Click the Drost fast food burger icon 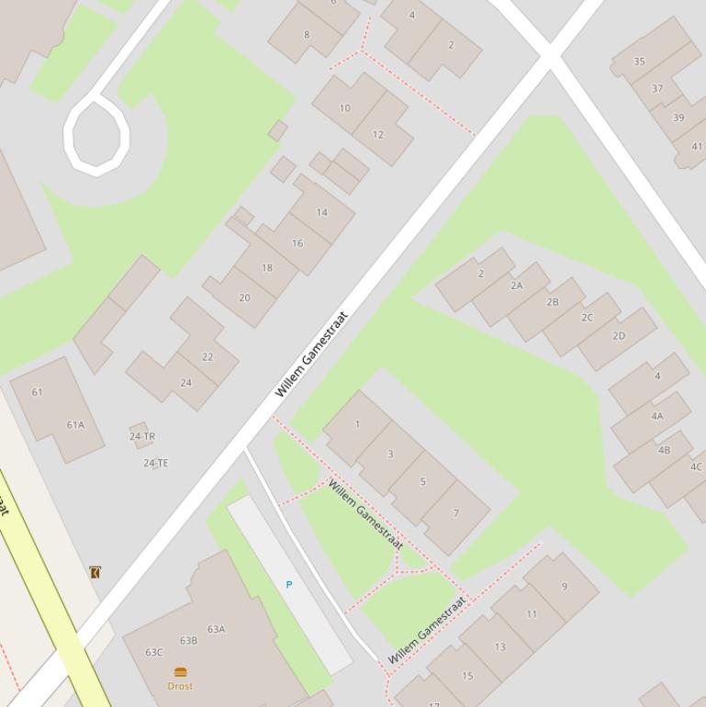pyautogui.click(x=180, y=672)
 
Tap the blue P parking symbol pyautogui.click(x=289, y=585)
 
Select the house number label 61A pyautogui.click(x=75, y=425)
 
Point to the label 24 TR pyautogui.click(x=142, y=437)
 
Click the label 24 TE pyautogui.click(x=156, y=464)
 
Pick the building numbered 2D pyautogui.click(x=619, y=336)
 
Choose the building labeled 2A pyautogui.click(x=517, y=286)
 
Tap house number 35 pyautogui.click(x=639, y=62)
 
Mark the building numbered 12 pyautogui.click(x=378, y=135)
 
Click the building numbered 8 pyautogui.click(x=307, y=35)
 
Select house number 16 pyautogui.click(x=297, y=243)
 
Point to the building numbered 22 pyautogui.click(x=207, y=357)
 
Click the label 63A pyautogui.click(x=216, y=630)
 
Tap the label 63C pyautogui.click(x=154, y=653)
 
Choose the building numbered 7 pyautogui.click(x=455, y=513)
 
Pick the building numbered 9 pyautogui.click(x=564, y=586)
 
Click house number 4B pyautogui.click(x=664, y=450)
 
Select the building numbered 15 pyautogui.click(x=467, y=676)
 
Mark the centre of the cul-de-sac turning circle pyautogui.click(x=96, y=137)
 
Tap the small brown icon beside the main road pyautogui.click(x=95, y=572)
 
